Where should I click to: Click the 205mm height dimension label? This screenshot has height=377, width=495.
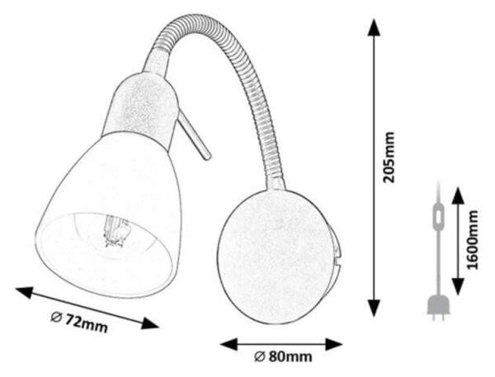tap(389, 158)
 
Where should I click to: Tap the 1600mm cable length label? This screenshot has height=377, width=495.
tap(473, 240)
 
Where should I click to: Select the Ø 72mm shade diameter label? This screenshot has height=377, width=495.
tap(79, 322)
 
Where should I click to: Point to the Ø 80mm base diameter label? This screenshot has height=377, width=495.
tap(283, 357)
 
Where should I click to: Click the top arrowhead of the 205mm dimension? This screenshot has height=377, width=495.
tap(374, 28)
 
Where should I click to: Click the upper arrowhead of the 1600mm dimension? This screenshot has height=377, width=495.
tap(458, 196)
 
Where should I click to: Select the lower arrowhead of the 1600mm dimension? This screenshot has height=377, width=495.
tap(458, 286)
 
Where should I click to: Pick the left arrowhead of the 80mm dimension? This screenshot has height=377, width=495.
tap(229, 344)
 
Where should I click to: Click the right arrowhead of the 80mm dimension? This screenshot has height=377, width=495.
tap(334, 344)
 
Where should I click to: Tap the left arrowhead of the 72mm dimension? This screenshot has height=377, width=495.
tap(25, 292)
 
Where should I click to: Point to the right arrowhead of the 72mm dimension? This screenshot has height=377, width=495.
tap(149, 323)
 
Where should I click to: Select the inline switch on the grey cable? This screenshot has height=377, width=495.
tap(438, 216)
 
